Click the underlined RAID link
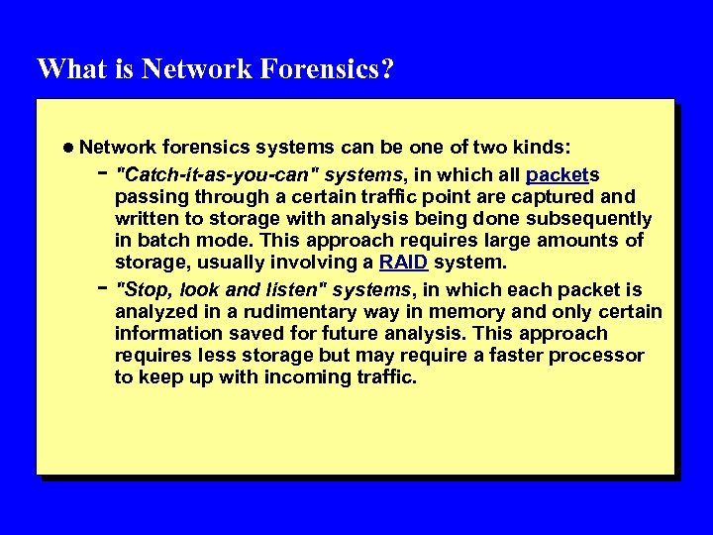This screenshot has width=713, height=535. (404, 263)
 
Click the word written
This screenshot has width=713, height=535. (145, 219)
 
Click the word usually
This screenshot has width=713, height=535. (217, 263)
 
